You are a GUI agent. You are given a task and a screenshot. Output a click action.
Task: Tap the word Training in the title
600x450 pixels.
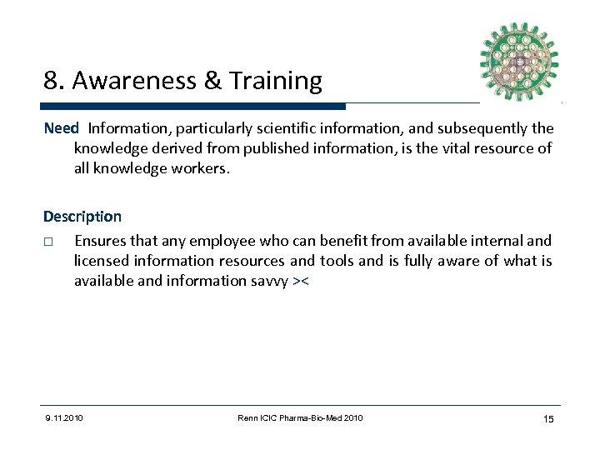point(271,81)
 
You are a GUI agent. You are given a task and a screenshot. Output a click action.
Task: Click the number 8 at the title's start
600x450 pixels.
point(51,81)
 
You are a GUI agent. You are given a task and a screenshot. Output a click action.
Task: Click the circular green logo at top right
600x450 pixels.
point(519,61)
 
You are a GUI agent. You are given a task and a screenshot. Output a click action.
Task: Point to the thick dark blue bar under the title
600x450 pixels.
point(192,107)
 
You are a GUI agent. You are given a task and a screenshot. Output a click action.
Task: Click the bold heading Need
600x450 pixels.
point(61,128)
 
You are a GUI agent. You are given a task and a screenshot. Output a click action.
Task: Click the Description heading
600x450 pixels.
point(82,217)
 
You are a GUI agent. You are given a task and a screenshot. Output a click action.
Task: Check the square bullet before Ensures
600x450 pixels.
point(49,242)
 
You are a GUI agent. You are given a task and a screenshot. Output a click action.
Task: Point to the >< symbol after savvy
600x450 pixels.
point(301,282)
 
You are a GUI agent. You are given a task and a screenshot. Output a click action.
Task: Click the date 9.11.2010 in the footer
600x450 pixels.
point(63,417)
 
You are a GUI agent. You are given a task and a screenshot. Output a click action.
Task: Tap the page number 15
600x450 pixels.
point(547,418)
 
